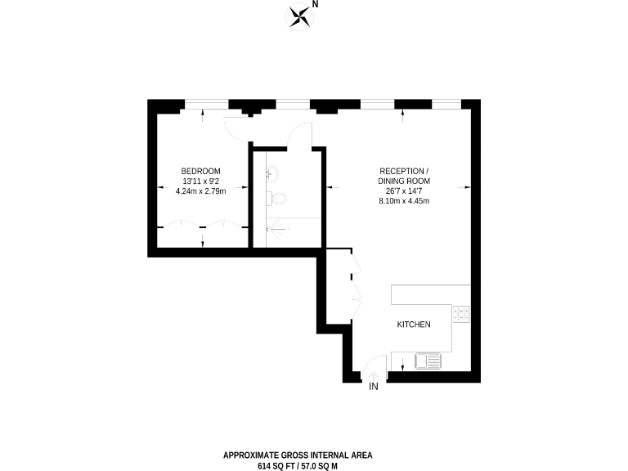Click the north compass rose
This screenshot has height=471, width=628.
[300, 16]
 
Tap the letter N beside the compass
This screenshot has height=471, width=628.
[316, 5]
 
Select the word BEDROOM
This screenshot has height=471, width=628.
[200, 170]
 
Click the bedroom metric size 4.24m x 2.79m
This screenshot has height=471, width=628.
[200, 191]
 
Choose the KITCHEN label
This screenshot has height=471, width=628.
[414, 325]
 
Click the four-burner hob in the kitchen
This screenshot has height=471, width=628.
[462, 313]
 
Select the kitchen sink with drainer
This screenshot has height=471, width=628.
[428, 360]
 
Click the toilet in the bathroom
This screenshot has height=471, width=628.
[278, 199]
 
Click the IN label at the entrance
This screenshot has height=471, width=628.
[375, 386]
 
